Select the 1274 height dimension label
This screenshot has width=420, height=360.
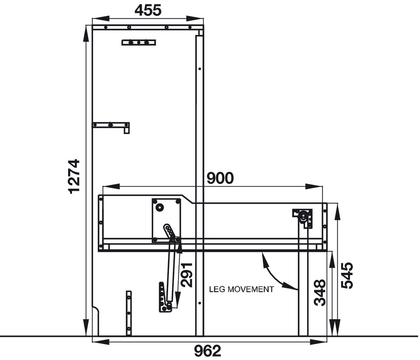73,176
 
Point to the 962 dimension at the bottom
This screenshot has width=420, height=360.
208,351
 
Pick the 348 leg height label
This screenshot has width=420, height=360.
320,293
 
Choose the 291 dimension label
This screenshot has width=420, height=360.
187,275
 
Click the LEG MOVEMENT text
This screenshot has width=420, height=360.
241,289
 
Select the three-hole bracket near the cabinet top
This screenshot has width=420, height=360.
139,42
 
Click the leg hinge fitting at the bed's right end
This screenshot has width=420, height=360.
304,218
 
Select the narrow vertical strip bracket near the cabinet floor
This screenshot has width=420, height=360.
129,312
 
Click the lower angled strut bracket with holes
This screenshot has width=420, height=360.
164,297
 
